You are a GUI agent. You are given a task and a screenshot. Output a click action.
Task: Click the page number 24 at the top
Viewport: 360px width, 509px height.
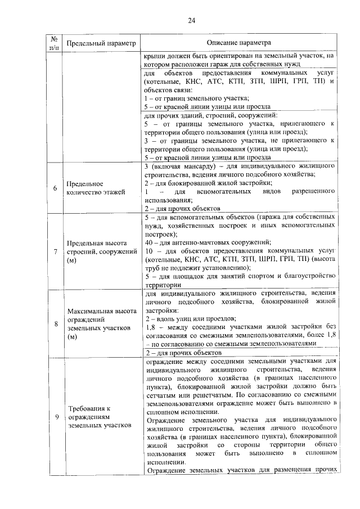coord(191,21)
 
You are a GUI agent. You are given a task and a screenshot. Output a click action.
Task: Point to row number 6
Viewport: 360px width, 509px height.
coord(55,188)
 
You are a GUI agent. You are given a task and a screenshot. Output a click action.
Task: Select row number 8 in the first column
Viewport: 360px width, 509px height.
coord(55,323)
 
